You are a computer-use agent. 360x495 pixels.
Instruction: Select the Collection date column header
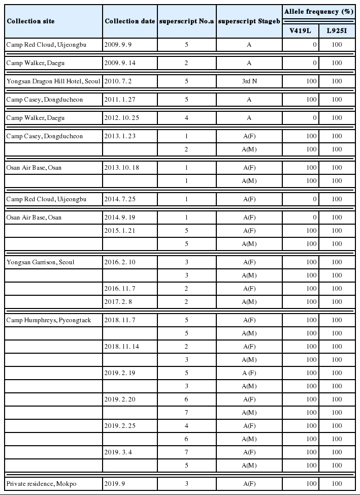pyautogui.click(x=129, y=21)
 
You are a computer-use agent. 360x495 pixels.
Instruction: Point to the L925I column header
pyautogui.click(x=337, y=30)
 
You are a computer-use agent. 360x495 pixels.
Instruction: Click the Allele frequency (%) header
pyautogui.click(x=318, y=11)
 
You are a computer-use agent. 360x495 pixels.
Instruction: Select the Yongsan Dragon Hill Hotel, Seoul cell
pyautogui.click(x=53, y=81)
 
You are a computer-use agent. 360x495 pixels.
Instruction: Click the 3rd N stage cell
pyautogui.click(x=249, y=81)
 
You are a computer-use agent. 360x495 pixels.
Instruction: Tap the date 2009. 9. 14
pyautogui.click(x=119, y=63)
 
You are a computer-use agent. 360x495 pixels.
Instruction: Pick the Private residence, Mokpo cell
pyautogui.click(x=39, y=483)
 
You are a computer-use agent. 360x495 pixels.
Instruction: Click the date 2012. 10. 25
pyautogui.click(x=121, y=117)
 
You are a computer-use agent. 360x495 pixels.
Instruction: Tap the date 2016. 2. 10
pyautogui.click(x=119, y=262)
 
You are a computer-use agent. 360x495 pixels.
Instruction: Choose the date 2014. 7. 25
pyautogui.click(x=119, y=199)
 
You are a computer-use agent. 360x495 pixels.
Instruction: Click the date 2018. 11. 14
pyautogui.click(x=121, y=346)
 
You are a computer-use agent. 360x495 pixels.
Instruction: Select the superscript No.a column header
pyautogui.click(x=187, y=21)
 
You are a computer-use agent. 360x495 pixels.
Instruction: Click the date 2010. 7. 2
pyautogui.click(x=118, y=81)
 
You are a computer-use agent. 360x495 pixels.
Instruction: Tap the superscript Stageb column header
pyautogui.click(x=249, y=21)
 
